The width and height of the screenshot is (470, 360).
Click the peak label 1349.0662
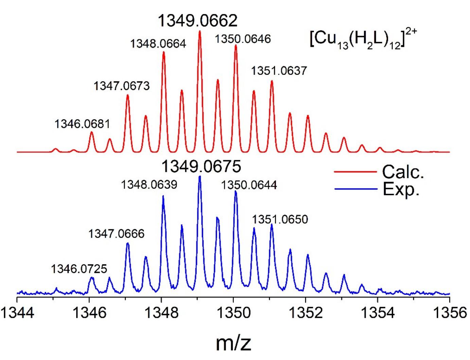[197, 21]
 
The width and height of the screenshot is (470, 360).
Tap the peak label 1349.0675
[201, 167]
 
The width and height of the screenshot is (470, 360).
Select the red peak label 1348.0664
[158, 44]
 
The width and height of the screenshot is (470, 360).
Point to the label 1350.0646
[243, 39]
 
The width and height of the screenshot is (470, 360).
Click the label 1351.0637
[279, 71]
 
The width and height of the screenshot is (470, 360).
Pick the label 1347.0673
[121, 86]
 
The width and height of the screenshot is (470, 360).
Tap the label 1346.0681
[82, 124]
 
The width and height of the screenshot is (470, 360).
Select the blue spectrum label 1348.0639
[149, 185]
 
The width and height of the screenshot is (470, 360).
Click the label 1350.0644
[249, 185]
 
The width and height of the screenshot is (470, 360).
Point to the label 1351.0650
[280, 219]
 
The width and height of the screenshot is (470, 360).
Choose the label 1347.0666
[116, 234]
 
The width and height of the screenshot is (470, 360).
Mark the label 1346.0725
[79, 269]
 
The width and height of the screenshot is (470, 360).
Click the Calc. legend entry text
[403, 172]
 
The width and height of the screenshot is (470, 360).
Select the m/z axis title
[233, 343]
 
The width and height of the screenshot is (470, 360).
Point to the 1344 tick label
[17, 313]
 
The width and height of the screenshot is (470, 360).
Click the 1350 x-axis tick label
[233, 313]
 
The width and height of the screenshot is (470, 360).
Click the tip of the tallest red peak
[199, 31]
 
